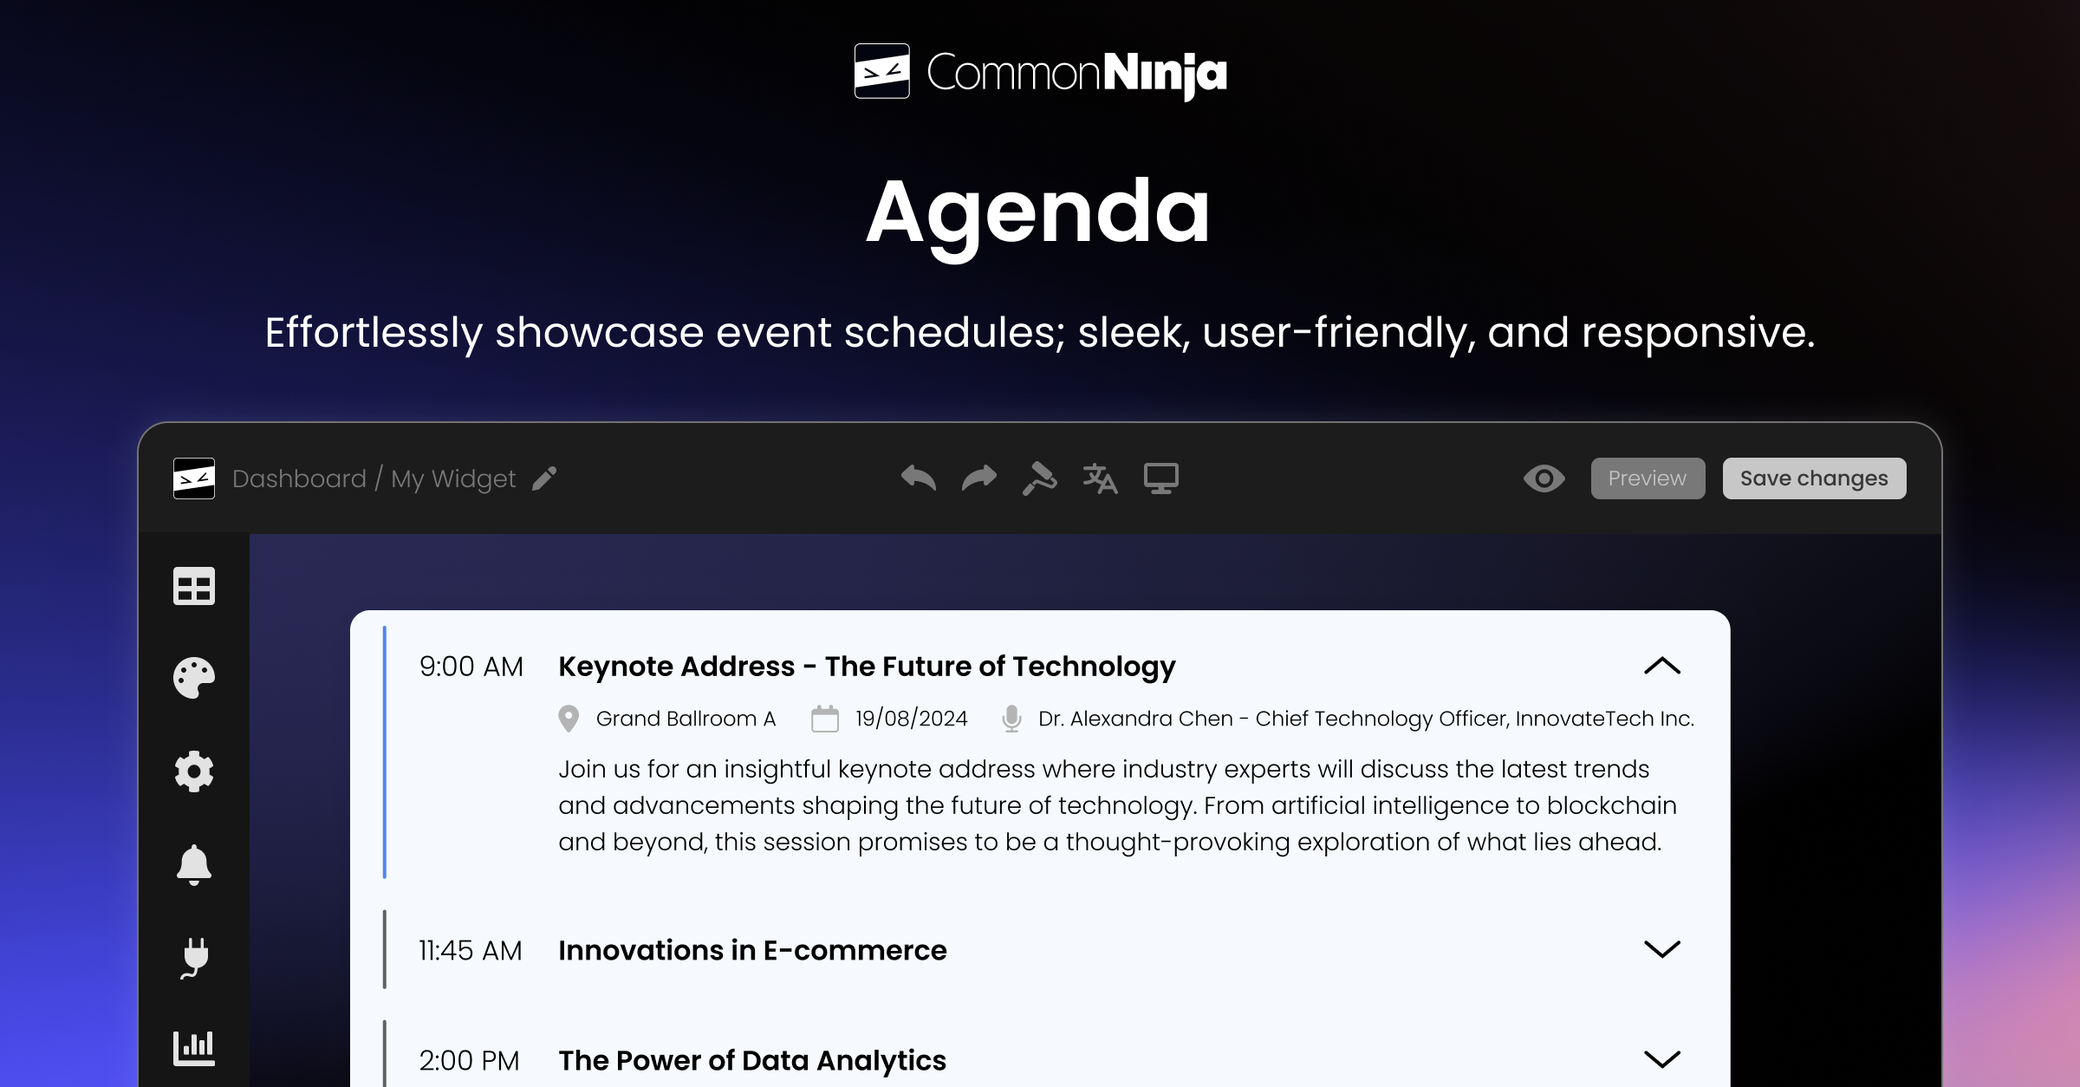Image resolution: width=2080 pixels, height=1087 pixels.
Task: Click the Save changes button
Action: (x=1813, y=478)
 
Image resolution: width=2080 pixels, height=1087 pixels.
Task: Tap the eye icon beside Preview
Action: (x=1544, y=478)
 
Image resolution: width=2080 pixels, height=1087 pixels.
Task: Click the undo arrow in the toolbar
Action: (x=918, y=478)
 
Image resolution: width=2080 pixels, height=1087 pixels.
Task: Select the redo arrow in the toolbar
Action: (x=979, y=478)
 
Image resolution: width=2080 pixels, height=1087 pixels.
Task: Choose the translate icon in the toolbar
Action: (x=1100, y=478)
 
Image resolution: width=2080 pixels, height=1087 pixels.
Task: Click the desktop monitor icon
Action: (x=1160, y=478)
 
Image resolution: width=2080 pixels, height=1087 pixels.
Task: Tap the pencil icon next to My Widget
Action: (x=544, y=478)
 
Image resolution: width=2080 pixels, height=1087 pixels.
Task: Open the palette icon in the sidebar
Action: (x=194, y=678)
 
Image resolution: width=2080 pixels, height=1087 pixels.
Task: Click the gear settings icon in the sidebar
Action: (x=194, y=771)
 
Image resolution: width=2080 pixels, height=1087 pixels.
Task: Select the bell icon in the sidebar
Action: (x=194, y=864)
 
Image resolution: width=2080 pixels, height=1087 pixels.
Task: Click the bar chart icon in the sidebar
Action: (x=194, y=1048)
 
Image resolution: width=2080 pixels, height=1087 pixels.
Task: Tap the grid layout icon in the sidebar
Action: (x=194, y=586)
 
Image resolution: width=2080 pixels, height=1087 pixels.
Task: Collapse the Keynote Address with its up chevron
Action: (x=1661, y=666)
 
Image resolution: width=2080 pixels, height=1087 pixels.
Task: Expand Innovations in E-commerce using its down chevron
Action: (x=1661, y=949)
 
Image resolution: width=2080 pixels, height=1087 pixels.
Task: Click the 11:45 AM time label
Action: (x=470, y=951)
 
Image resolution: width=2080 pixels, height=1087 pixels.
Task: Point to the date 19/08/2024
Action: (x=911, y=719)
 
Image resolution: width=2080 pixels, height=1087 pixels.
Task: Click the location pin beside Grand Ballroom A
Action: (x=569, y=719)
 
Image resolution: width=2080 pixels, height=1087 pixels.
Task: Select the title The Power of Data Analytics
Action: (x=751, y=1060)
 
